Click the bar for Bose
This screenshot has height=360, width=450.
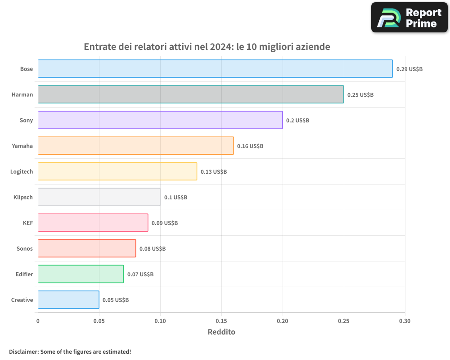click(x=215, y=69)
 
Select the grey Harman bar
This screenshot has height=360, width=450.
click(x=191, y=94)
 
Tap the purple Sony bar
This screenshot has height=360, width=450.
click(x=160, y=120)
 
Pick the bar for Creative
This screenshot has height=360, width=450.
click(x=68, y=300)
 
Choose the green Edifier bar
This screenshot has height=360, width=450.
click(x=81, y=274)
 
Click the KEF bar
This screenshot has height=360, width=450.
click(x=93, y=223)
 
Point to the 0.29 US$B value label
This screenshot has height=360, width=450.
click(x=409, y=69)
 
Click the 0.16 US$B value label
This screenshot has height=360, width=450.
click(x=250, y=146)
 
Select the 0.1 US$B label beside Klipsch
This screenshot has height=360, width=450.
click(x=175, y=197)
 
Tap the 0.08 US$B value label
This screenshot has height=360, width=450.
click(x=152, y=248)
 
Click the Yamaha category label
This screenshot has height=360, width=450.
click(x=22, y=146)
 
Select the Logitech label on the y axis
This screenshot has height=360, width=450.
click(x=22, y=171)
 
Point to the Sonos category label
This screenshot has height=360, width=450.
click(x=25, y=248)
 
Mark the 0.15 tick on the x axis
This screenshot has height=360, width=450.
click(x=221, y=321)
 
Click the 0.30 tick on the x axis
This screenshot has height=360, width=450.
click(x=405, y=321)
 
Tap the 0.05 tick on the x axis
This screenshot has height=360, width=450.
click(x=99, y=321)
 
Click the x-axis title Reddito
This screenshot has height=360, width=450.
click(x=221, y=332)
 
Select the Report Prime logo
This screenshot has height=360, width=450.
click(x=409, y=18)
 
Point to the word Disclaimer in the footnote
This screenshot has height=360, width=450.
click(x=23, y=351)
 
